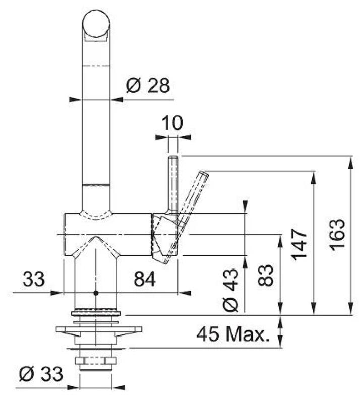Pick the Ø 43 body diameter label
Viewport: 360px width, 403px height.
pos(231,289)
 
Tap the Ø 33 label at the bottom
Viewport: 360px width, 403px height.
pos(41,374)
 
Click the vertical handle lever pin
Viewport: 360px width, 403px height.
pos(173,184)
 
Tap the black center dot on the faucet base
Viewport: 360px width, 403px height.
pos(95,293)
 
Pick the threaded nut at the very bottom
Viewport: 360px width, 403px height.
pos(95,361)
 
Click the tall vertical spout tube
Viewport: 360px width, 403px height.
pos(96,126)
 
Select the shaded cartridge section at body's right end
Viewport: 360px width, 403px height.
pos(162,237)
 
